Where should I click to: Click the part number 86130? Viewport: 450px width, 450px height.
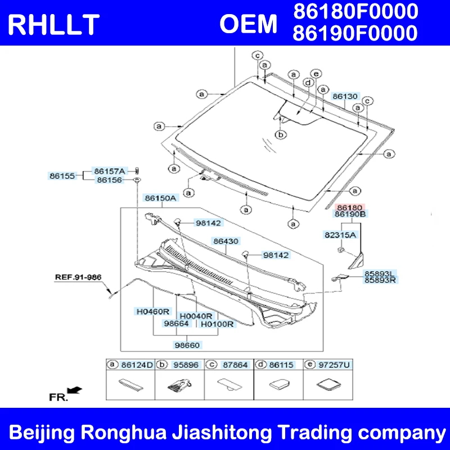click(x=345, y=96)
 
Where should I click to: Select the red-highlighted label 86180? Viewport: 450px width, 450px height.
click(x=349, y=207)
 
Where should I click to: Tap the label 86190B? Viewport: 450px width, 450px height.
click(x=350, y=214)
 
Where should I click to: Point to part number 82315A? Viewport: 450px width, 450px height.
click(x=340, y=235)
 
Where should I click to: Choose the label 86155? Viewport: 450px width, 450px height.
click(x=62, y=175)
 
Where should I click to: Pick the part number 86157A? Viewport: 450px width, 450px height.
click(x=110, y=171)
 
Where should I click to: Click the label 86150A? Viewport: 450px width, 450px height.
click(x=160, y=198)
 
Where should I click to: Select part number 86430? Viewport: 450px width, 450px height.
click(x=226, y=241)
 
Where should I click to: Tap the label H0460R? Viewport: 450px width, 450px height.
click(x=152, y=312)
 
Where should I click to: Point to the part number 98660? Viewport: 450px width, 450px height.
click(x=187, y=345)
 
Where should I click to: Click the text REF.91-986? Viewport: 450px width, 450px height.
click(x=78, y=277)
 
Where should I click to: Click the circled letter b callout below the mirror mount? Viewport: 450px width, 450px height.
click(x=281, y=134)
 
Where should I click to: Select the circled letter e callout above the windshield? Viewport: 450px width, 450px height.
click(x=316, y=74)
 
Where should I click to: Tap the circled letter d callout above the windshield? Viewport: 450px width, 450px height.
click(x=308, y=83)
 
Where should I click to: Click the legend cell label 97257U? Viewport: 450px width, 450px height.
click(x=334, y=364)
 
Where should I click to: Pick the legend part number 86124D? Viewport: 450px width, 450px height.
click(x=137, y=364)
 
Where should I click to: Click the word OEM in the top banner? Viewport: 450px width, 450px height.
click(x=249, y=24)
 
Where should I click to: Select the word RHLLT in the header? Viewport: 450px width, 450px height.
click(x=53, y=25)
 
